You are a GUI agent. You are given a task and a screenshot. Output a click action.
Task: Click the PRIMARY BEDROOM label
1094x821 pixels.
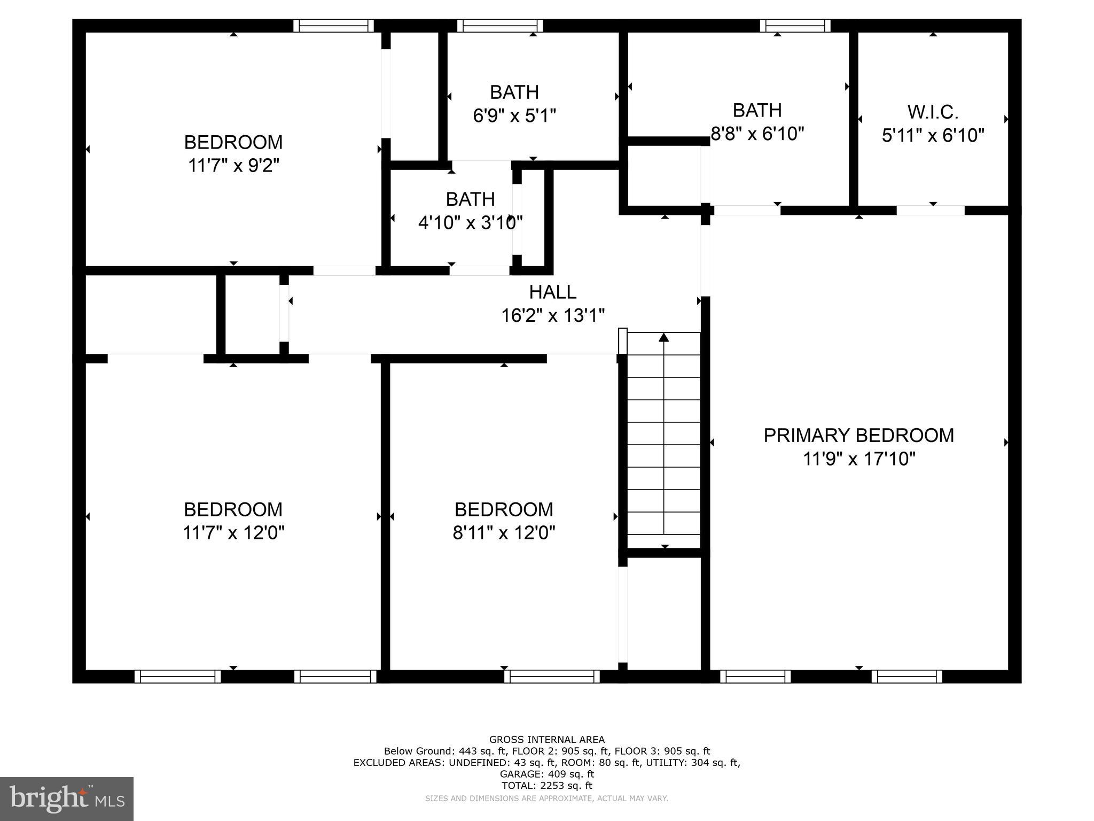[x=858, y=435]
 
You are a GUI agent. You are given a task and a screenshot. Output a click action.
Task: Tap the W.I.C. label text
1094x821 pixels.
[x=933, y=112]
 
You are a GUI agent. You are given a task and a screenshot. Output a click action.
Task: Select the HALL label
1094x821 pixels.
[x=552, y=292]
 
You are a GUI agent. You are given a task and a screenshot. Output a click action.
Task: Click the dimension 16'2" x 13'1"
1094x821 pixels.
[x=552, y=315]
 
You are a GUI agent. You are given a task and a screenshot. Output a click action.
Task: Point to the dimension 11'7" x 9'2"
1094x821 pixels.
[x=233, y=166]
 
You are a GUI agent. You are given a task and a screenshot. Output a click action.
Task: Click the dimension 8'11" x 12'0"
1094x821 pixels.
[x=504, y=533]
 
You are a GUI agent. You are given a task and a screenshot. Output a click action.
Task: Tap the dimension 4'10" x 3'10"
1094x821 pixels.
[x=470, y=222]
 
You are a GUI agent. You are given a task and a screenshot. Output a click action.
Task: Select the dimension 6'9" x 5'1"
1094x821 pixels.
[x=514, y=115]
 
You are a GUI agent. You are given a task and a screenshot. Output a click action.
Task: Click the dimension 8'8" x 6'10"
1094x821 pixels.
[x=757, y=134]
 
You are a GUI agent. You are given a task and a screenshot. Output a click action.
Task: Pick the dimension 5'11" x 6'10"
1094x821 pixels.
[x=933, y=136]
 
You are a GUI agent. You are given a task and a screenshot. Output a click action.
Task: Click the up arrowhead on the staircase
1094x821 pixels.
[x=663, y=337]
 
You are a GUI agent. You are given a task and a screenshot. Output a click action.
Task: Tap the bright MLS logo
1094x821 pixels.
[x=67, y=799]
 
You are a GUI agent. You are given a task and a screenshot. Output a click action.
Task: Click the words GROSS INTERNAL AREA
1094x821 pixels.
[x=546, y=740]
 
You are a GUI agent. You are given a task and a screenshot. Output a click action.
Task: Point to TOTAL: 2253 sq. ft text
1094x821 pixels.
[x=546, y=786]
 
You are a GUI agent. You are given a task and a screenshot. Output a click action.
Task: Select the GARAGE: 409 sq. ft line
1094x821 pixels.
[x=546, y=774]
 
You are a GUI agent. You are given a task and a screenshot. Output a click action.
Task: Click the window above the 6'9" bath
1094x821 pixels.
[x=500, y=26]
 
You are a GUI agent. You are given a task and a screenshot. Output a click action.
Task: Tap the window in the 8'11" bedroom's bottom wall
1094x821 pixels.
[x=552, y=676]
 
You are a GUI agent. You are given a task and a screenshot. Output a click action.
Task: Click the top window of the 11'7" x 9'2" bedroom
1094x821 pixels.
[x=333, y=26]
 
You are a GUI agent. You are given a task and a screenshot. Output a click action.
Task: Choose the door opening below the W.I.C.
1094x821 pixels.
[x=930, y=211]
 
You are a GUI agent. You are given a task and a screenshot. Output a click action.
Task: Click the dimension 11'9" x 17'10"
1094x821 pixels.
[x=858, y=459]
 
